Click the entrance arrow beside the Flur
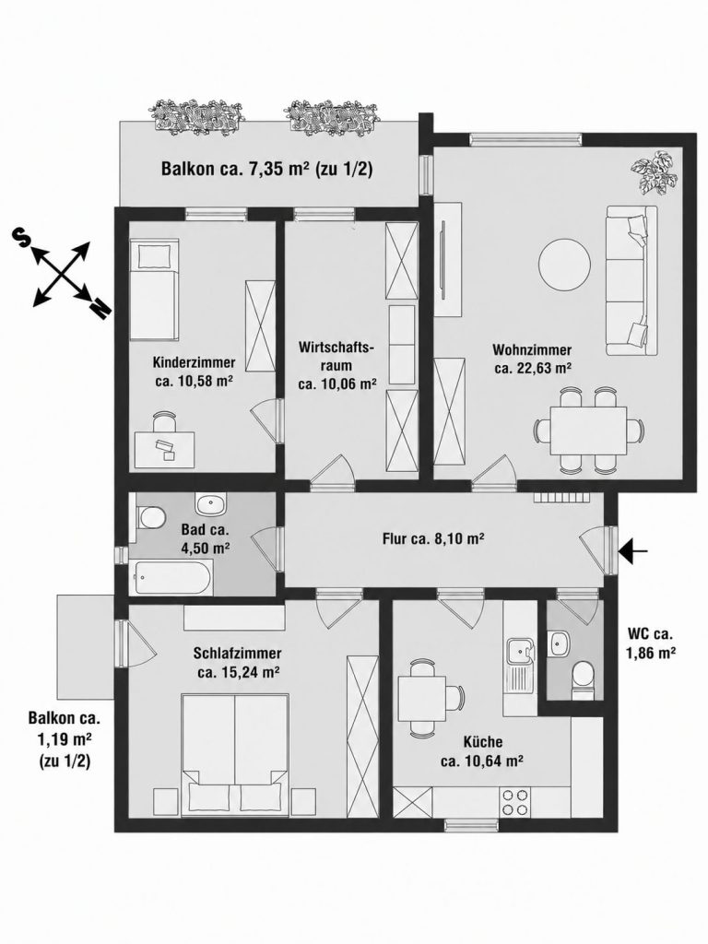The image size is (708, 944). tap(634, 549)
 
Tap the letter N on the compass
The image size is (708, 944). tap(100, 309)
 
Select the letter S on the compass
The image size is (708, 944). tap(22, 239)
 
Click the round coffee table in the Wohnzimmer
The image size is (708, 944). tap(564, 265)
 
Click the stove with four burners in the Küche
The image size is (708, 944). tap(515, 801)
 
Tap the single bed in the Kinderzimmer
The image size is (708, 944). tap(154, 289)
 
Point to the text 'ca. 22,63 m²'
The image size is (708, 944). tap(532, 368)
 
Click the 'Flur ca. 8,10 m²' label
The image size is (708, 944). tap(434, 538)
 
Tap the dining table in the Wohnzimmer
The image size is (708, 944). tap(587, 431)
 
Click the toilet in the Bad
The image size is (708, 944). tap(150, 517)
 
